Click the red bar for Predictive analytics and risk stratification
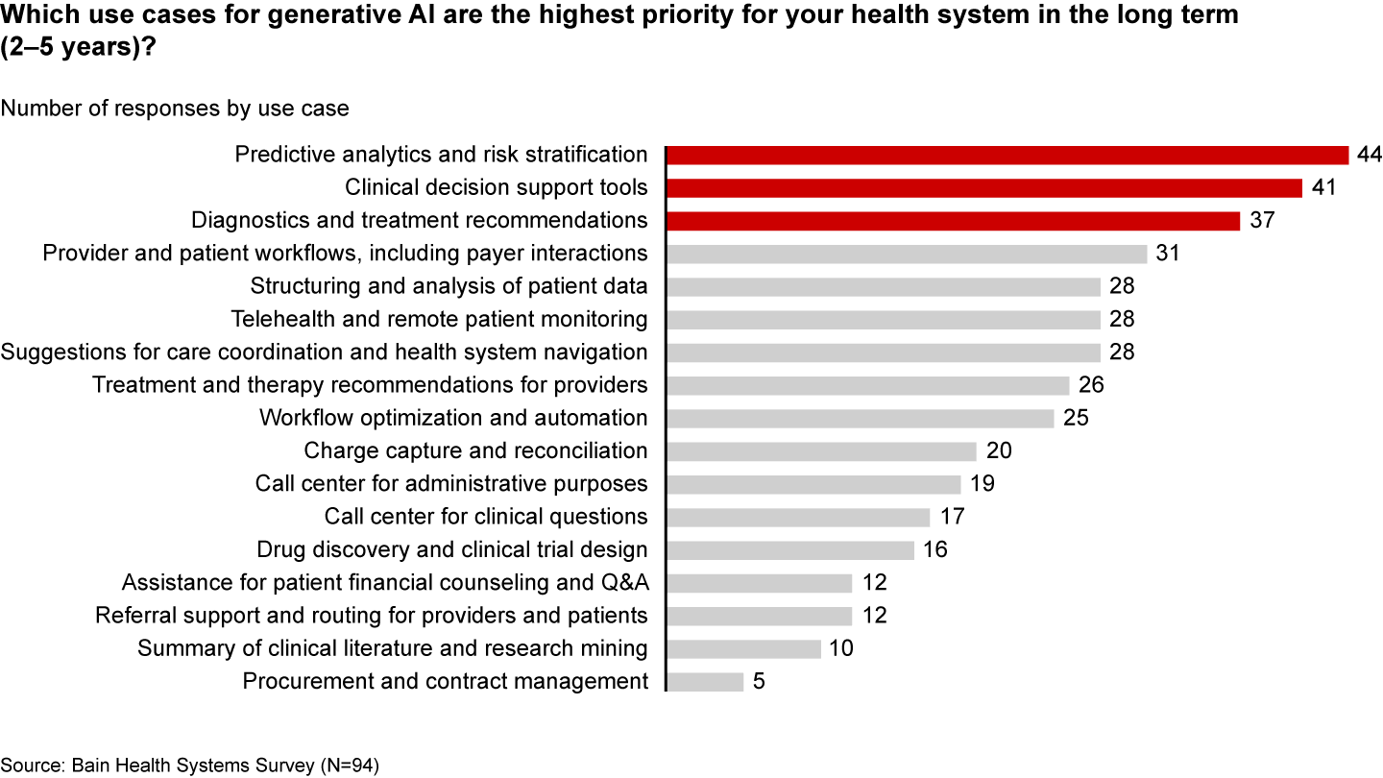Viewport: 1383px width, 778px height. pos(1007,156)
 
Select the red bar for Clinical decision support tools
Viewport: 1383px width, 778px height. pos(984,188)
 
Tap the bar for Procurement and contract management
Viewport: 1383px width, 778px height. pos(705,682)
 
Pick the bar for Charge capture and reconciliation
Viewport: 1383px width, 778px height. pos(821,451)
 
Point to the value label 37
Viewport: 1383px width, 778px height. pos(1261,221)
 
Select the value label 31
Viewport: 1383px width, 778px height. pos(1168,254)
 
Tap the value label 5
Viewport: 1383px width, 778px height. pos(759,682)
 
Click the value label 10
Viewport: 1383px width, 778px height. pos(841,649)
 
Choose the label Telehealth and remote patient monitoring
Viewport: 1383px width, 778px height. pos(440,320)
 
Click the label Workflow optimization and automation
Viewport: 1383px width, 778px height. pos(453,419)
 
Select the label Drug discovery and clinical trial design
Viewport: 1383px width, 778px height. pos(452,550)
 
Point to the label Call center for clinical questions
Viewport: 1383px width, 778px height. pos(486,518)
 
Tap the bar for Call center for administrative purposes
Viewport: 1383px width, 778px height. pos(813,484)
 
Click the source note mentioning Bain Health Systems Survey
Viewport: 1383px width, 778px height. pos(190,766)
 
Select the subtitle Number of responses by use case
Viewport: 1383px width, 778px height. pos(175,109)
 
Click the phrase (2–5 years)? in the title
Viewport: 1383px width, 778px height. pos(79,47)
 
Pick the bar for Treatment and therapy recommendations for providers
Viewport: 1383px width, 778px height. pos(867,386)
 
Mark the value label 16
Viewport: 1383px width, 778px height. pos(934,550)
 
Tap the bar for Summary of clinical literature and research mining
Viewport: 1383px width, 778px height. pos(743,649)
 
